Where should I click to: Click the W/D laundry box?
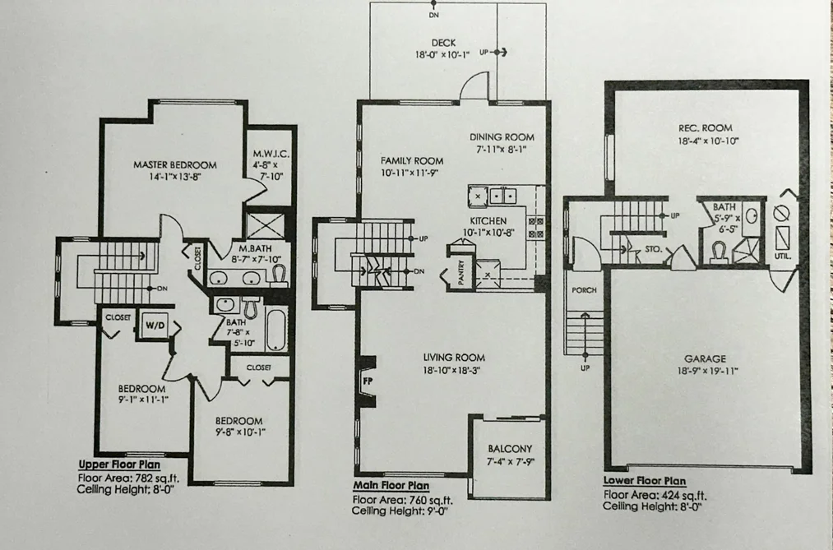tap(155, 325)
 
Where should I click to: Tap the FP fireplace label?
tap(367, 381)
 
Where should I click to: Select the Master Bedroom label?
tap(175, 164)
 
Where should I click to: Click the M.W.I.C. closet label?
tap(271, 154)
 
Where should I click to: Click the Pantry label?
tap(460, 272)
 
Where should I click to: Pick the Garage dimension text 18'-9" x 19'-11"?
tap(708, 371)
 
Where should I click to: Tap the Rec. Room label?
tap(705, 128)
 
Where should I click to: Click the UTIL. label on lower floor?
tap(783, 257)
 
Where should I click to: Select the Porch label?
tap(584, 290)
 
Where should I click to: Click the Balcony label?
tap(510, 449)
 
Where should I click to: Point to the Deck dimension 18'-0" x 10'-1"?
tap(442, 55)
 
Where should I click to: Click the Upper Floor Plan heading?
tap(119, 464)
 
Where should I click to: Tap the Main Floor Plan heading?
tap(391, 485)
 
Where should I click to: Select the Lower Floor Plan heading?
tap(645, 481)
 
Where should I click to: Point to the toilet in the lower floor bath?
tap(720, 252)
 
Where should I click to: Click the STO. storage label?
tap(653, 248)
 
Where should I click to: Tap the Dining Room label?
tap(502, 137)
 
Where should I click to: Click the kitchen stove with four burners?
tap(535, 227)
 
